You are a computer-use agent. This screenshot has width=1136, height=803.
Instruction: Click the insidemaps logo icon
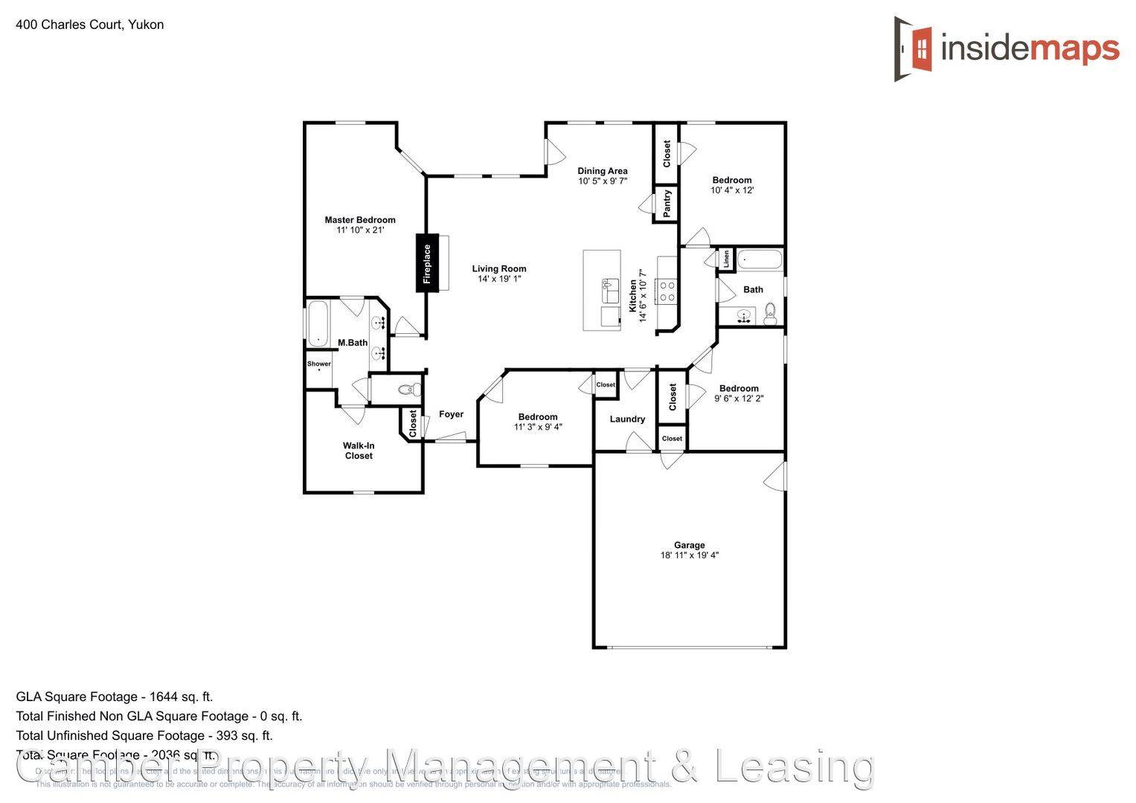pos(914,49)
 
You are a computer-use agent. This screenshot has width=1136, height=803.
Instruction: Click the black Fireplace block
pos(426,264)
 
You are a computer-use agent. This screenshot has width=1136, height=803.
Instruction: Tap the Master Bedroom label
pos(360,220)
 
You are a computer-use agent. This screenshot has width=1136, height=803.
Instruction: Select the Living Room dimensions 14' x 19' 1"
pos(499,280)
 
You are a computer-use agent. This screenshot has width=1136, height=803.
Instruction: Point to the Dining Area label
pos(603,171)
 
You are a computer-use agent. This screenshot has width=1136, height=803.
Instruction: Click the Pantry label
pos(667,203)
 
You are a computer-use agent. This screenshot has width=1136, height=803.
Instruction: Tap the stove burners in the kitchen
pos(666,291)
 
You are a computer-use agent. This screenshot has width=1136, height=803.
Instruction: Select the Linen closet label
pos(726,259)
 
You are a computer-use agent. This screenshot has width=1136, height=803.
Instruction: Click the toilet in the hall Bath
pos(771,314)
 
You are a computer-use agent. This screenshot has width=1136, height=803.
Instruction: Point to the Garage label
pos(689,545)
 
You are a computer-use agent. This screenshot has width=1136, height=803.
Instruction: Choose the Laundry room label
pos(627,419)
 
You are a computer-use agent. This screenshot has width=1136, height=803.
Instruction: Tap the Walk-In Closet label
pos(359,451)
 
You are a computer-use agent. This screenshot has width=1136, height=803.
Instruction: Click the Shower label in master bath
pos(319,364)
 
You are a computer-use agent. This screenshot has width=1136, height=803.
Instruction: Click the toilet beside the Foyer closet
pos(406,389)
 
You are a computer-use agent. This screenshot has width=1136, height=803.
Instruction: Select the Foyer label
pos(451,415)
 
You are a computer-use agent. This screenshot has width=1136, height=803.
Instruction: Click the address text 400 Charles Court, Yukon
pos(90,25)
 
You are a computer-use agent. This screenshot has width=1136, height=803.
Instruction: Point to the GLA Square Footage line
pos(115,697)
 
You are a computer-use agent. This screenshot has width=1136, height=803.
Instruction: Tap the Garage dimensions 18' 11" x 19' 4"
pos(689,555)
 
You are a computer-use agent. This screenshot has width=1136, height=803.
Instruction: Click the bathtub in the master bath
pos(318,323)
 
